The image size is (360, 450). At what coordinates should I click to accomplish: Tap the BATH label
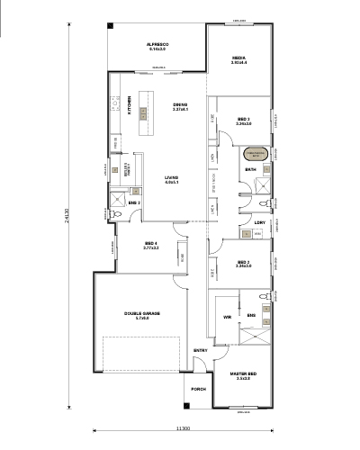(x=251, y=168)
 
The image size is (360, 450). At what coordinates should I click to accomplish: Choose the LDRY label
(x=260, y=221)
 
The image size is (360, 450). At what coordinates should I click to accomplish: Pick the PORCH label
(x=199, y=389)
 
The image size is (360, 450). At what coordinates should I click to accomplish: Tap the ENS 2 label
(x=133, y=203)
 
